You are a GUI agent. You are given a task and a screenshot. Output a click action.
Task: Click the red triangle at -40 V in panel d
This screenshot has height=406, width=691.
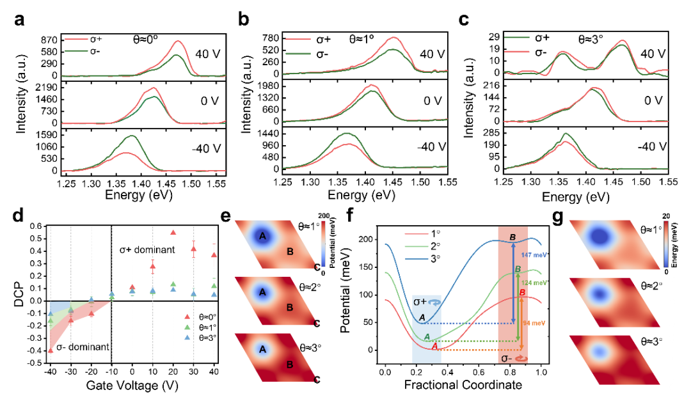51,350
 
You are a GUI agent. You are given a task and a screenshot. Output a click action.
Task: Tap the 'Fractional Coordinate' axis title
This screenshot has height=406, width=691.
463,385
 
